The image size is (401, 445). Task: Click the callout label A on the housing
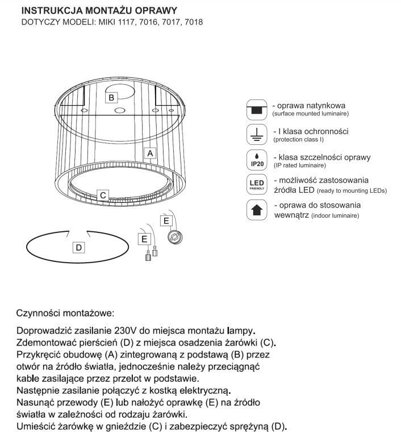pos(150,153)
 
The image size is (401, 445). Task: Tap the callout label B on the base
pos(112,97)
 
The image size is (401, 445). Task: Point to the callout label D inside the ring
pos(79,247)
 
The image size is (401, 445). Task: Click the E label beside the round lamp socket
pos(166,220)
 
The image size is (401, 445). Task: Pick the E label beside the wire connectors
pos(144,239)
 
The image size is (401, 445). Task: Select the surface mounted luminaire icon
pos(257,109)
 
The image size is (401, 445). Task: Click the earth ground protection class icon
pos(257,135)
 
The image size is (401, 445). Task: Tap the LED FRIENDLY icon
pos(257,185)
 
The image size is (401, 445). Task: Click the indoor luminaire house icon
pos(257,210)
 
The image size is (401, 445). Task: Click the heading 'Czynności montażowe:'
pos(65,313)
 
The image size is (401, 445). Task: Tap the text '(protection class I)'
pos(299,139)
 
